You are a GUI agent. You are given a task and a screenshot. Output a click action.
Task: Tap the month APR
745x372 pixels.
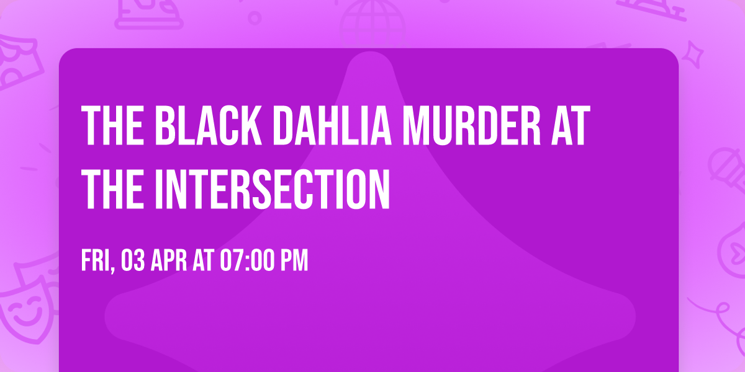click(170, 261)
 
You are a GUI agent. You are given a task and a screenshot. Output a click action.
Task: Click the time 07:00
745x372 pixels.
click(246, 261)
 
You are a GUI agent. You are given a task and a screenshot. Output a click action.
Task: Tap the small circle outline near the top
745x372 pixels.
click(255, 17)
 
